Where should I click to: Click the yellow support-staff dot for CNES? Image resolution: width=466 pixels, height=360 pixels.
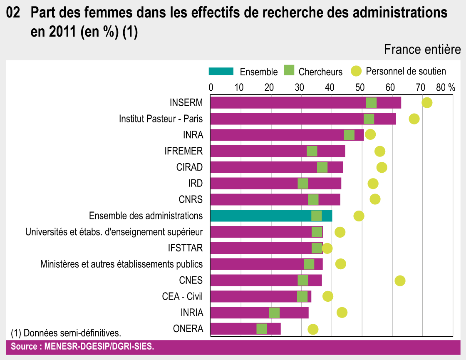click(400, 281)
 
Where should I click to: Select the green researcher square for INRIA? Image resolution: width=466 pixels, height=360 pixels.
click(275, 313)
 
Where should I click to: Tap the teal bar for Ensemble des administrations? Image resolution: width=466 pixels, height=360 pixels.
click(258, 216)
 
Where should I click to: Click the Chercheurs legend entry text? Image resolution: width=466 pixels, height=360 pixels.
click(320, 72)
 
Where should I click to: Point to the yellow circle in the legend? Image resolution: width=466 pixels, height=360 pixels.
click(356, 71)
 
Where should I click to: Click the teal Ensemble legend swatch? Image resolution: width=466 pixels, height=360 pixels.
click(221, 71)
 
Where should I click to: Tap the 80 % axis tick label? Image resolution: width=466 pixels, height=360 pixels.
click(446, 87)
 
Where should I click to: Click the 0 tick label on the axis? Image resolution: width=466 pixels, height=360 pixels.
click(211, 87)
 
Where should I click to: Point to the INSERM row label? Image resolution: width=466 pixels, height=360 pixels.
click(186, 103)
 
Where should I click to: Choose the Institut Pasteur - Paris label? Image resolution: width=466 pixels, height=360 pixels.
click(161, 119)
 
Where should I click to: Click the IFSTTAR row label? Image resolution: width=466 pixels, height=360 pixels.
click(185, 248)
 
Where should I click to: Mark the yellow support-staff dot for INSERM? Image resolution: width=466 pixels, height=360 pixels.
click(427, 103)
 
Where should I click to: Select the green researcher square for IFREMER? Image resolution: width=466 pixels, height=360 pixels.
click(312, 151)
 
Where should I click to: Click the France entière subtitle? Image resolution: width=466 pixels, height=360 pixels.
click(422, 50)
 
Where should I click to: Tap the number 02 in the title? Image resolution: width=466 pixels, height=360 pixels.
click(13, 13)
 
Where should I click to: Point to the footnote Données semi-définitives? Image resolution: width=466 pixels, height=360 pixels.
click(66, 333)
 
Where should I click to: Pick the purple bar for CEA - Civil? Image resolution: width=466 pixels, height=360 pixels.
click(250, 296)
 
